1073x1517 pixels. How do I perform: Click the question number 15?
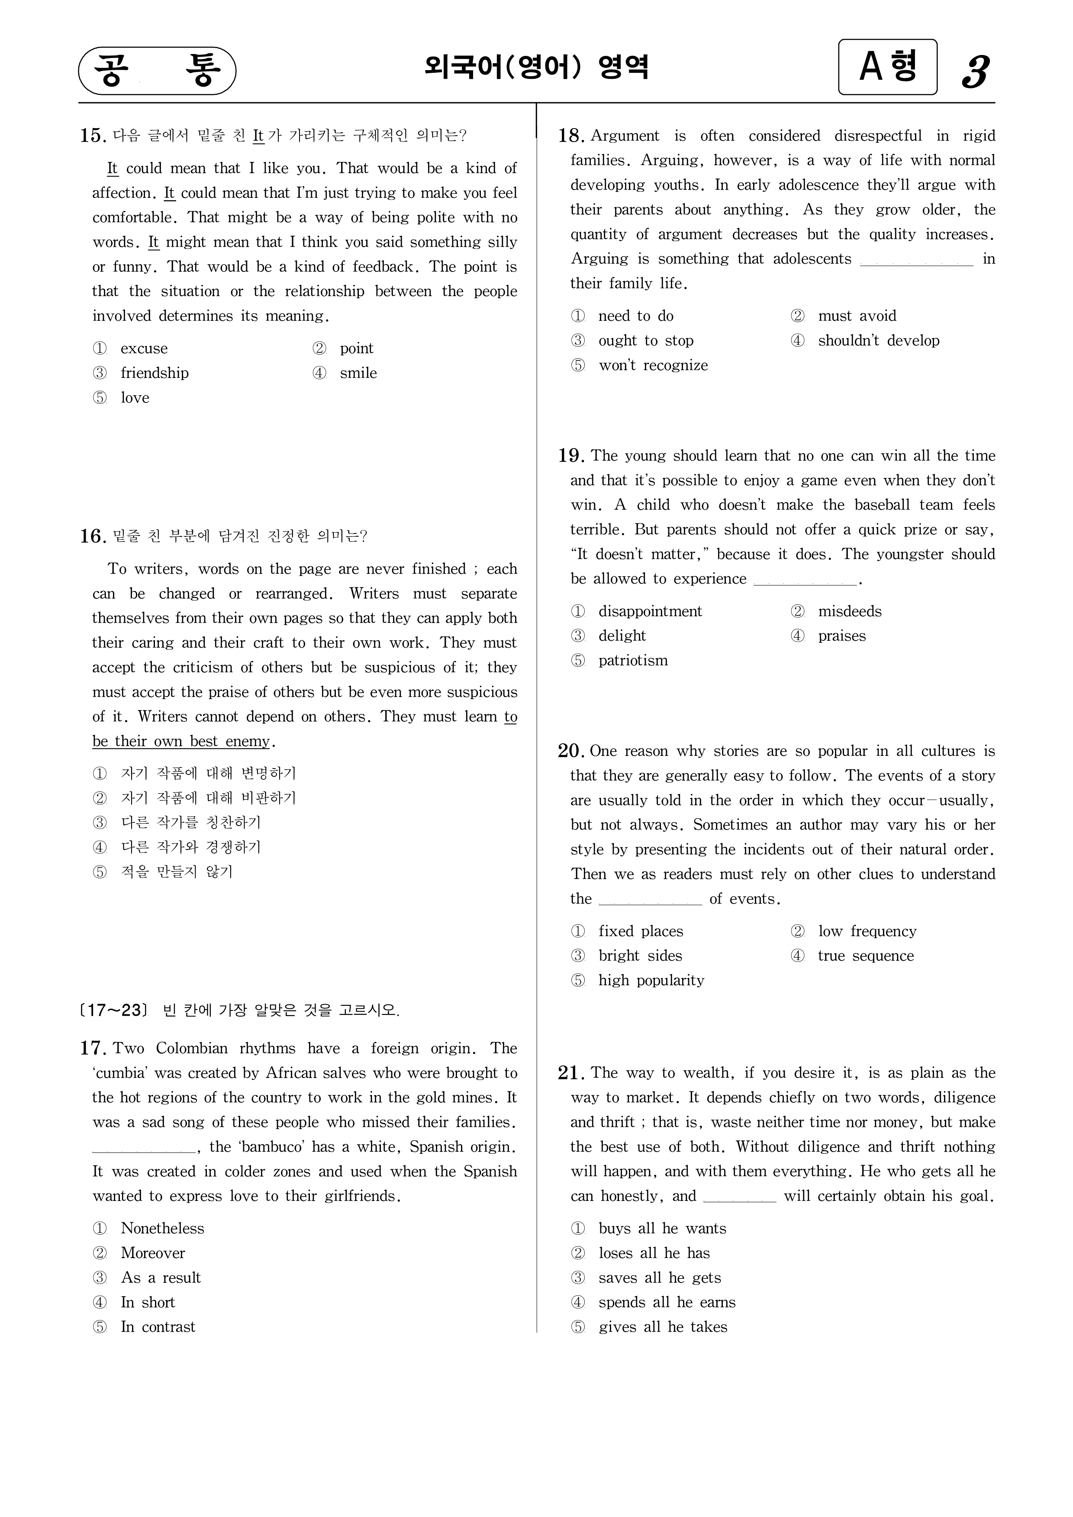click(x=93, y=136)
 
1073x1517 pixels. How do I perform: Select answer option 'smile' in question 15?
click(x=358, y=373)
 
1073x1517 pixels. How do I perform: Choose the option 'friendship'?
click(x=154, y=373)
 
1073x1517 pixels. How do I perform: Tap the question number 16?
click(x=93, y=536)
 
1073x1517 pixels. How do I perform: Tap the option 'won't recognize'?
click(x=653, y=365)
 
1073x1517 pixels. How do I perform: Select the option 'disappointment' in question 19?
click(x=650, y=611)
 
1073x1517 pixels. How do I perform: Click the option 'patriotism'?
click(x=633, y=661)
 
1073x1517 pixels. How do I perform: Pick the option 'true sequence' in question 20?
click(x=866, y=955)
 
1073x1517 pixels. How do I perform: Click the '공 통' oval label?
click(x=157, y=71)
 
